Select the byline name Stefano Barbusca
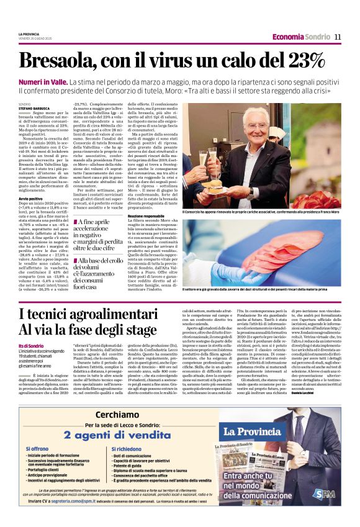click(33, 109)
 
